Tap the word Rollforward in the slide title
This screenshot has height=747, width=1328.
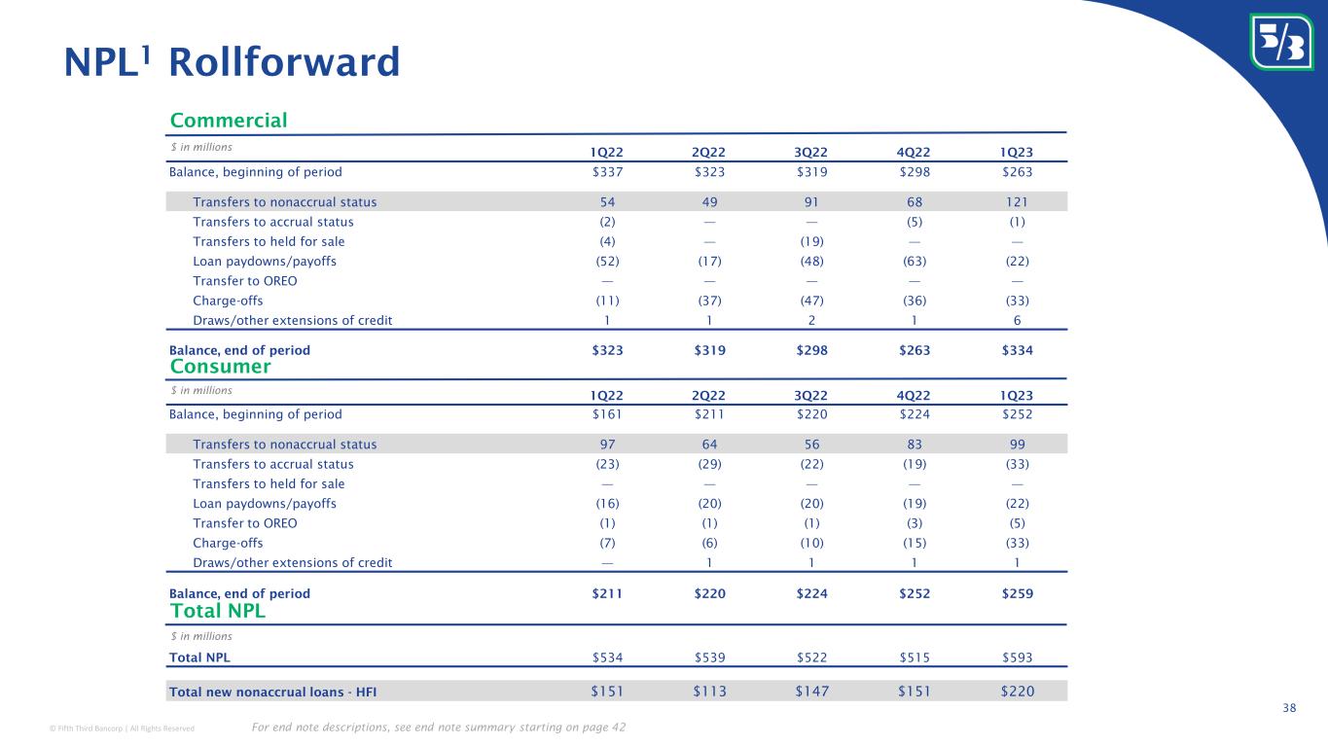click(284, 62)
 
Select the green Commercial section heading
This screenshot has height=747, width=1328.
click(229, 121)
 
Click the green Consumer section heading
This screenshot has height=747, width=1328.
click(220, 367)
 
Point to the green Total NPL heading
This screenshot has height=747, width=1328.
click(217, 612)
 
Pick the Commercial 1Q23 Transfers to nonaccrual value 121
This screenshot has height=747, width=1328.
click(1015, 201)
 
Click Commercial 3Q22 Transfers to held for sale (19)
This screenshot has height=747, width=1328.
click(811, 241)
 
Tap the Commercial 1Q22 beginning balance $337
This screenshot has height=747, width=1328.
click(608, 172)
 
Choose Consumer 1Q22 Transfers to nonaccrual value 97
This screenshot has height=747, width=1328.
click(608, 445)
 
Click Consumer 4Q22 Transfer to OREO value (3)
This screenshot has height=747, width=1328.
click(914, 523)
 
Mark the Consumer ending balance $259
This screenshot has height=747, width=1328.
click(1015, 593)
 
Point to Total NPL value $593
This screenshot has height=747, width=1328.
click(1015, 658)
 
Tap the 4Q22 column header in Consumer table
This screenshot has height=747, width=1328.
click(914, 396)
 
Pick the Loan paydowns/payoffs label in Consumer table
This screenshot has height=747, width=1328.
click(265, 504)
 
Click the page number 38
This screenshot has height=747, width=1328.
click(1289, 708)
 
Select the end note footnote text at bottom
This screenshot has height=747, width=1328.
click(438, 728)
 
